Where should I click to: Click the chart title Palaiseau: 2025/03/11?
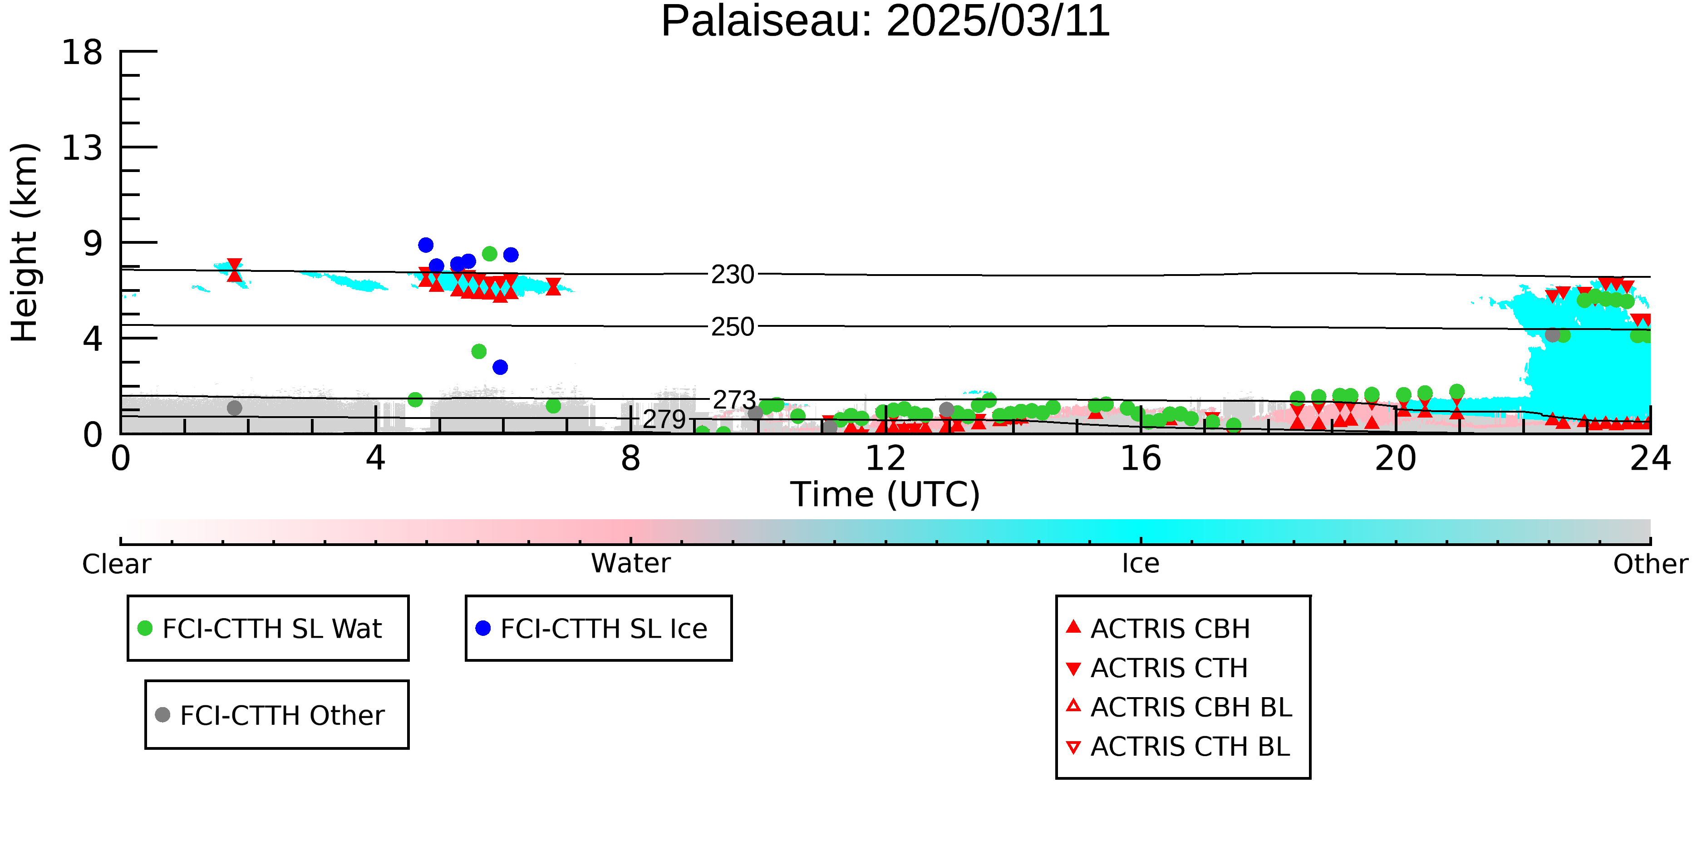click(885, 21)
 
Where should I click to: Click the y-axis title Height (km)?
click(25, 242)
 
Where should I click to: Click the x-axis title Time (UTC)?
click(885, 495)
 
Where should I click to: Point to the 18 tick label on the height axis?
click(82, 52)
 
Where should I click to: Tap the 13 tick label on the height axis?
click(82, 148)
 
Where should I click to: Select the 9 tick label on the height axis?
click(93, 244)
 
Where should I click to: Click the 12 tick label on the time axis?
click(885, 458)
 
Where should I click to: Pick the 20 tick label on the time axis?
click(1396, 458)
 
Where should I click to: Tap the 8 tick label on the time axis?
click(631, 458)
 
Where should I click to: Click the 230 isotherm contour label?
click(732, 274)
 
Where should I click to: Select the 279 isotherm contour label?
click(664, 419)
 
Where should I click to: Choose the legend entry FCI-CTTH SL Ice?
click(592, 628)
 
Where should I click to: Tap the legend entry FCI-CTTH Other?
click(270, 715)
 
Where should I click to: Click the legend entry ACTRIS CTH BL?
click(1178, 747)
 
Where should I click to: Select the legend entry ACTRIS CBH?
click(1158, 628)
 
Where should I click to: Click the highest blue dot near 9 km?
click(426, 245)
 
